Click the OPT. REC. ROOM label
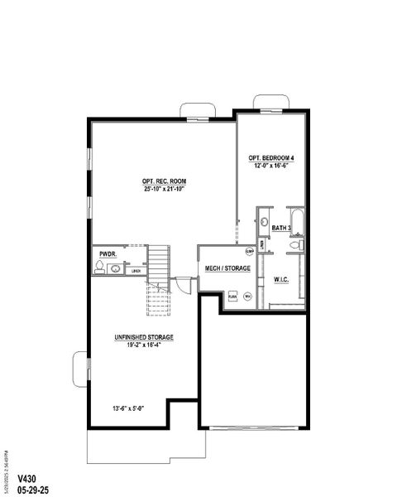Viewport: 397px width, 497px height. pyautogui.click(x=162, y=181)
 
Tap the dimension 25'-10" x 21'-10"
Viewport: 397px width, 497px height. pyautogui.click(x=162, y=189)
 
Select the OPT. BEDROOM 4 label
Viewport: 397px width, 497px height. pyautogui.click(x=270, y=157)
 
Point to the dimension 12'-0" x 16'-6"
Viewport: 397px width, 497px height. pyautogui.click(x=270, y=166)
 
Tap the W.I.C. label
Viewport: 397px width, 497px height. pyautogui.click(x=282, y=279)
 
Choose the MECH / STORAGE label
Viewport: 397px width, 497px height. pyautogui.click(x=227, y=268)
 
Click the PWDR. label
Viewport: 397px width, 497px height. pyautogui.click(x=108, y=254)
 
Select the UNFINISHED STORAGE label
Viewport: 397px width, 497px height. pyautogui.click(x=144, y=337)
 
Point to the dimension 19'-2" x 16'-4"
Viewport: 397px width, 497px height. pyautogui.click(x=144, y=345)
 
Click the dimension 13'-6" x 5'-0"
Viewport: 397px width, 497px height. pyautogui.click(x=129, y=408)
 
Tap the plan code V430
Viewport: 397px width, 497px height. pyautogui.click(x=27, y=479)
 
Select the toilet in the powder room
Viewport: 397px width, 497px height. pyautogui.click(x=100, y=268)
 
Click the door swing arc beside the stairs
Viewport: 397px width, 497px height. pyautogui.click(x=184, y=282)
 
